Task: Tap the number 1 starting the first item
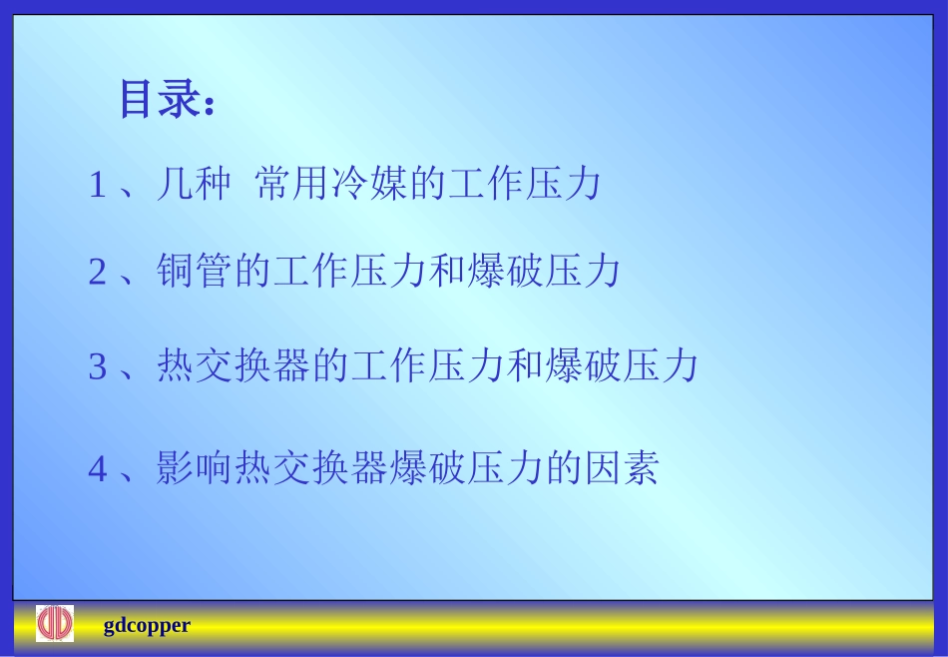point(97,186)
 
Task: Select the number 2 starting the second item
point(97,273)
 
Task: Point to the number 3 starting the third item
point(97,367)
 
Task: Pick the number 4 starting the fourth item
point(97,468)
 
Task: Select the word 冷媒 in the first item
point(370,185)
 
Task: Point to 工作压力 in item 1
point(525,185)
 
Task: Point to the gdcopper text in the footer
point(147,626)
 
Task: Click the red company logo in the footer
point(55,624)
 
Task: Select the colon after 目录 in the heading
point(209,105)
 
